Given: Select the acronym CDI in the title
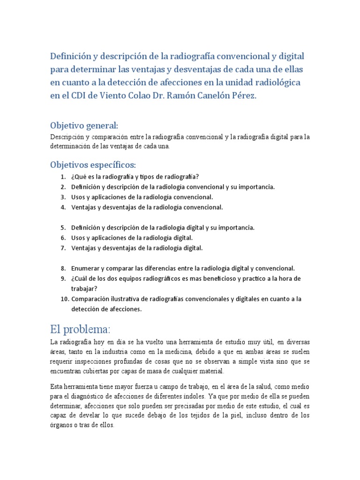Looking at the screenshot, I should click(x=77, y=96).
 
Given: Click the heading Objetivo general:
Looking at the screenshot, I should click(x=84, y=126).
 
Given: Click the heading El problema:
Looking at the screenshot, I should click(x=79, y=328).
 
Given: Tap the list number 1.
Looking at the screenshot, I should click(x=63, y=177).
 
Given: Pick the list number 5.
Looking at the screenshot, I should click(x=63, y=228).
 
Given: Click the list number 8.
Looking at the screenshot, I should click(x=63, y=269).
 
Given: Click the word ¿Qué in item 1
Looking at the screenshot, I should click(x=78, y=177).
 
